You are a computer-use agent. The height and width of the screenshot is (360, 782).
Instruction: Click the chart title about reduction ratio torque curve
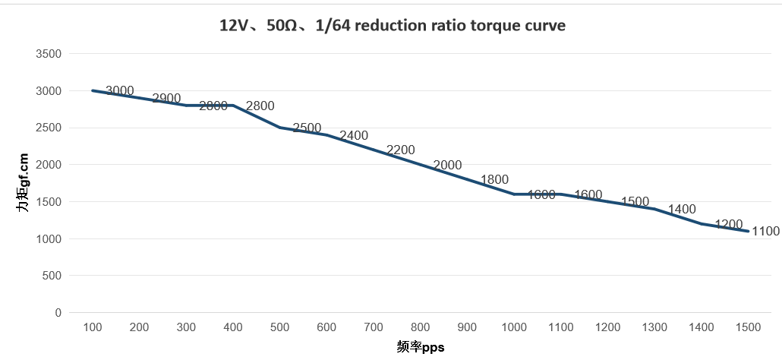pos(392,25)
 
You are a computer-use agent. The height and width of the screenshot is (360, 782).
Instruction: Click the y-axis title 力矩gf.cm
pos(24,182)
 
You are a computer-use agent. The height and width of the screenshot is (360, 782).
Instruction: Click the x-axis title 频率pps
pos(420,347)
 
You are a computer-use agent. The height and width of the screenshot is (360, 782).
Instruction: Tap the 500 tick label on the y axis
pos(51,276)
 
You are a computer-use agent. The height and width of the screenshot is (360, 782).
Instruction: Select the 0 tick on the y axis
pos(57,312)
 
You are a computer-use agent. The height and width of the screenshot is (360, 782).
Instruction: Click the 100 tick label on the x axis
pos(92,327)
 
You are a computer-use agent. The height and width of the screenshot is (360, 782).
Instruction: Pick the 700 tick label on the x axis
pos(374,327)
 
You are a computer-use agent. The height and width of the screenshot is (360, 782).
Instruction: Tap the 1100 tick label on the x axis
pos(561,327)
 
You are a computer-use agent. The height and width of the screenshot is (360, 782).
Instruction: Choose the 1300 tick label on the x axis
pos(654,327)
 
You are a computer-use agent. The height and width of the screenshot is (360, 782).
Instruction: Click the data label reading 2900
pos(166,98)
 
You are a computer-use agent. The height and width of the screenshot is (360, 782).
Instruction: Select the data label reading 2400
pos(354,135)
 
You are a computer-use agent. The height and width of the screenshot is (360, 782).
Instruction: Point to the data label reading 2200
pos(401,150)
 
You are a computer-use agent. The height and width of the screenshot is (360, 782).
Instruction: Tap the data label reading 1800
pos(494,179)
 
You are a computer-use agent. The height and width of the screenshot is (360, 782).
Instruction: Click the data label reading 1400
pos(682,209)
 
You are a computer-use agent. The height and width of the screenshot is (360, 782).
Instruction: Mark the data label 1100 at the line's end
pos(765,231)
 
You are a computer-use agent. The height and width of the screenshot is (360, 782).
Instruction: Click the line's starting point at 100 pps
pos(92,90)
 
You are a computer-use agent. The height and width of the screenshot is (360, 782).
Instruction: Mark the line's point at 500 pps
pos(279,128)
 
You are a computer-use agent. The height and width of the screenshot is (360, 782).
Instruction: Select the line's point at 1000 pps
pos(514,194)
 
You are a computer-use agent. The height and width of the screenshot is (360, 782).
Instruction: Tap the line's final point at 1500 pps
pos(748,231)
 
